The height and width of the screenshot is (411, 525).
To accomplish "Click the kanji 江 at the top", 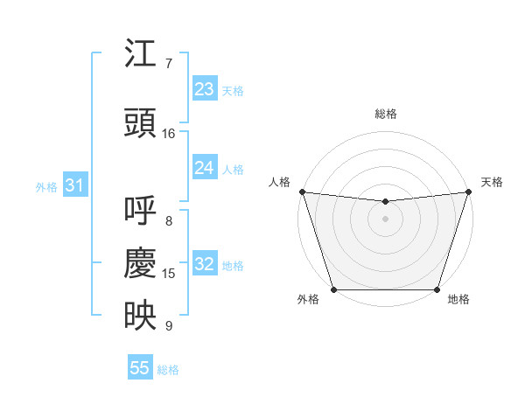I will click(141, 56).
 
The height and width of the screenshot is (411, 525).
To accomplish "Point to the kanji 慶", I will click(141, 263).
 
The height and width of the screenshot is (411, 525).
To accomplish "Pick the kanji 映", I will click(141, 315).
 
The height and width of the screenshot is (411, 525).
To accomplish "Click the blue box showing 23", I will click(205, 89).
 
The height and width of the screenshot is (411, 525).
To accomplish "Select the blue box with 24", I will click(205, 168).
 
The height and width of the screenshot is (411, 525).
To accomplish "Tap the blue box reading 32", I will click(205, 265).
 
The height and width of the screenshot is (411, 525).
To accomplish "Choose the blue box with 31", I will click(74, 185).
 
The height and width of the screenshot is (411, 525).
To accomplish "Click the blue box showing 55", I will click(140, 368).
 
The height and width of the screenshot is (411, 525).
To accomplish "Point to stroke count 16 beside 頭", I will click(169, 134).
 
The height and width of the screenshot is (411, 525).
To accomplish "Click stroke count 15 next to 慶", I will click(169, 274).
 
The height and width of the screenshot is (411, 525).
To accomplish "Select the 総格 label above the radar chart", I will click(385, 114).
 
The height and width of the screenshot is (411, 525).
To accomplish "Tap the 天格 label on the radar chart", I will click(492, 182).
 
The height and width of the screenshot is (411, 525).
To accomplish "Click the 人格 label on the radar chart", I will click(280, 182).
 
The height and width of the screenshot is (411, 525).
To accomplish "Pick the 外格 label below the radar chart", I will click(308, 299).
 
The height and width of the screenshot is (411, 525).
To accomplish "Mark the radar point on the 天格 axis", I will click(468, 192).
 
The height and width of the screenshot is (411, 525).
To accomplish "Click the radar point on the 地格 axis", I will click(437, 289).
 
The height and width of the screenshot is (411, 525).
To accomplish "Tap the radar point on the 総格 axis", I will click(385, 202).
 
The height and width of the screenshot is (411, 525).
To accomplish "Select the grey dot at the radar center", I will click(385, 219).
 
